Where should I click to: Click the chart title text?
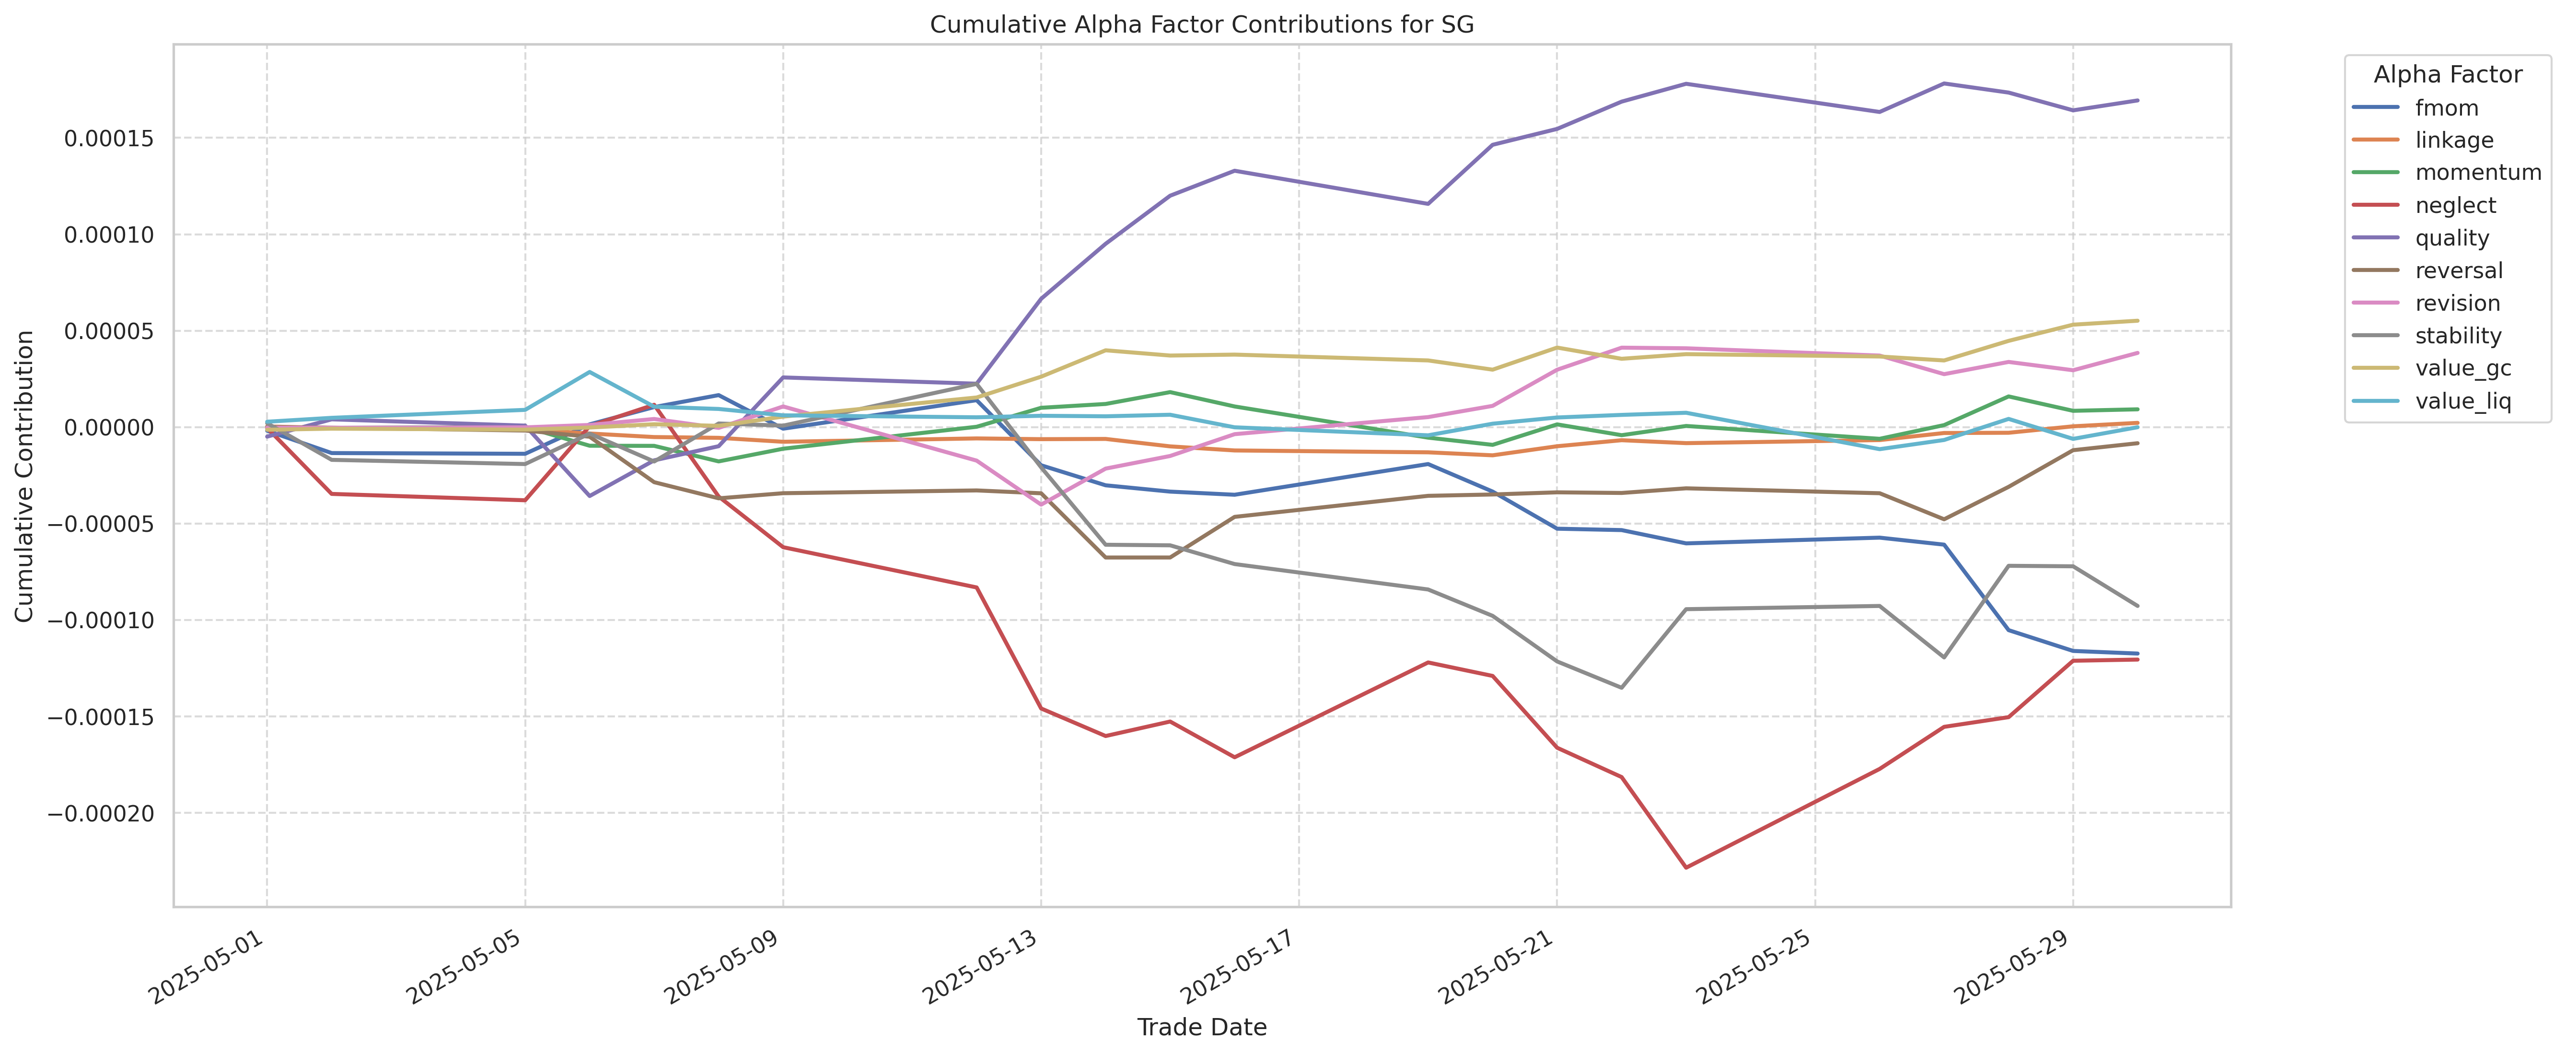(1201, 25)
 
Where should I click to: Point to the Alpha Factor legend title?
(2448, 75)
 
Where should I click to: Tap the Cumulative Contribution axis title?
(25, 476)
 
